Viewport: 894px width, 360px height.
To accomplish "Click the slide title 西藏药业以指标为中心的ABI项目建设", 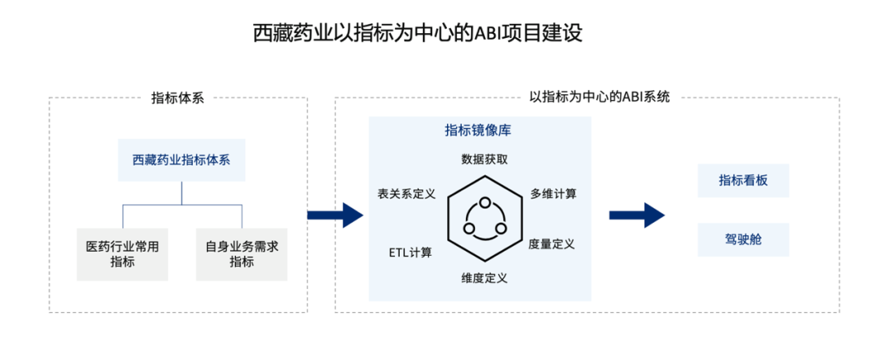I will click(x=418, y=34).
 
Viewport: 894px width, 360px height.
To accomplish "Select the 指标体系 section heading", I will click(x=177, y=97).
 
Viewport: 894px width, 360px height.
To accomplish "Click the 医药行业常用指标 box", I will click(x=123, y=253).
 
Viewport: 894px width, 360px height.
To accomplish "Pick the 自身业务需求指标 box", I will click(x=241, y=253).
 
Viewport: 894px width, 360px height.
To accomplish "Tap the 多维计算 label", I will click(x=553, y=194).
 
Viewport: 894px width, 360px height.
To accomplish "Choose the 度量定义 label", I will click(x=551, y=244).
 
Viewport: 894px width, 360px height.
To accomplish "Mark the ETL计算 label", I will click(x=411, y=252).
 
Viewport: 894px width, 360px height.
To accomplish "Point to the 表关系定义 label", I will click(x=406, y=194).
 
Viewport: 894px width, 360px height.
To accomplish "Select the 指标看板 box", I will click(x=743, y=180).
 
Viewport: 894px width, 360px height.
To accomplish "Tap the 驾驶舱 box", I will click(x=743, y=239).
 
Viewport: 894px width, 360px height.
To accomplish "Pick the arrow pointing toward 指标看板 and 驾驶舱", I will click(x=637, y=215).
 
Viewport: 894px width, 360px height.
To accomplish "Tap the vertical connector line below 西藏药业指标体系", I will click(x=181, y=192).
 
